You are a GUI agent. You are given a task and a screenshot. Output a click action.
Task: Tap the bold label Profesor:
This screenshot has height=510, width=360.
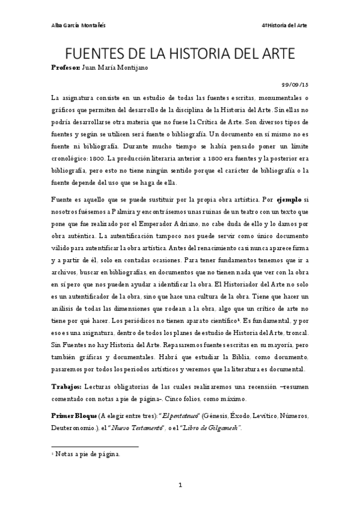pyautogui.click(x=69, y=68)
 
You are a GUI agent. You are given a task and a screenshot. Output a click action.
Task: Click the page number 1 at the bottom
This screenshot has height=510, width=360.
pyautogui.click(x=180, y=484)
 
